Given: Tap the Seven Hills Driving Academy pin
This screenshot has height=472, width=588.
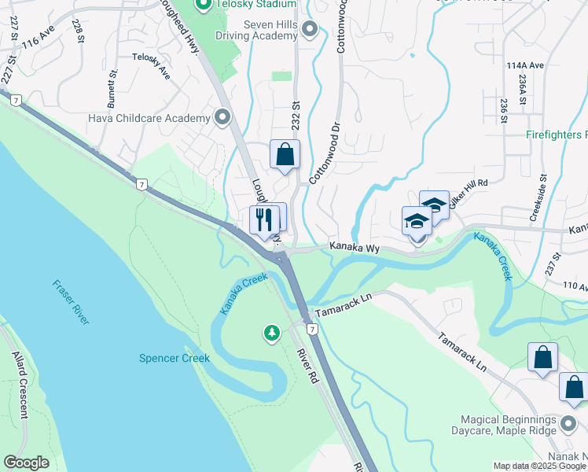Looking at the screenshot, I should pyautogui.click(x=309, y=31).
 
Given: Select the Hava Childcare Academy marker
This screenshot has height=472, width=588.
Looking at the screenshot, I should pyautogui.click(x=222, y=119).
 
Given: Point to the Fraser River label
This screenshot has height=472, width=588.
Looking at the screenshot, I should pyautogui.click(x=71, y=301).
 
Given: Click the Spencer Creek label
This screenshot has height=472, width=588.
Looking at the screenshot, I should pyautogui.click(x=175, y=358).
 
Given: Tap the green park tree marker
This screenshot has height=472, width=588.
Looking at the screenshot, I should pyautogui.click(x=272, y=334).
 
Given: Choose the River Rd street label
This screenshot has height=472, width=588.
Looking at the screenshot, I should pyautogui.click(x=307, y=363).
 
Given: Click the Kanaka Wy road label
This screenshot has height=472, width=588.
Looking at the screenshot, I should pyautogui.click(x=355, y=248).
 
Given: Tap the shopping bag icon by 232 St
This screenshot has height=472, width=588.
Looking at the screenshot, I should pyautogui.click(x=285, y=154).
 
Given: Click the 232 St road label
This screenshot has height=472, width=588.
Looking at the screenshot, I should pyautogui.click(x=296, y=116).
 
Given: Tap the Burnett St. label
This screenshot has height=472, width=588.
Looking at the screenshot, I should pyautogui.click(x=112, y=89).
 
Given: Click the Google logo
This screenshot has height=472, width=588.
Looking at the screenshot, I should pyautogui.click(x=26, y=463).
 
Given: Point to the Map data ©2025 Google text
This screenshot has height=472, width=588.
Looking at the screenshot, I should pyautogui.click(x=538, y=466).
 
